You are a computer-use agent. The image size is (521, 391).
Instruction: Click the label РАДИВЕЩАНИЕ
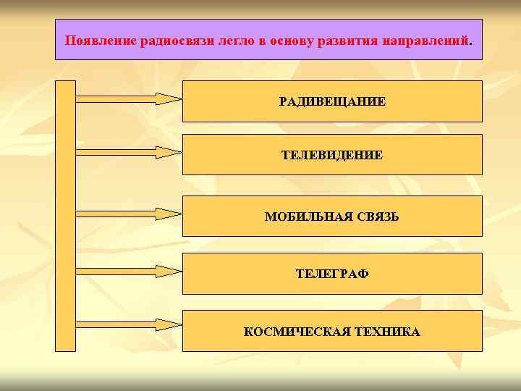332,101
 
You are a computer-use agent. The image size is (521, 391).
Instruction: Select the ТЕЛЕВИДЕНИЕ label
332,155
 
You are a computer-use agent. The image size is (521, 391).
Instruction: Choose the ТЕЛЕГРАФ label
332,274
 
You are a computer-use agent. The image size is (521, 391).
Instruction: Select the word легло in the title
238,40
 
